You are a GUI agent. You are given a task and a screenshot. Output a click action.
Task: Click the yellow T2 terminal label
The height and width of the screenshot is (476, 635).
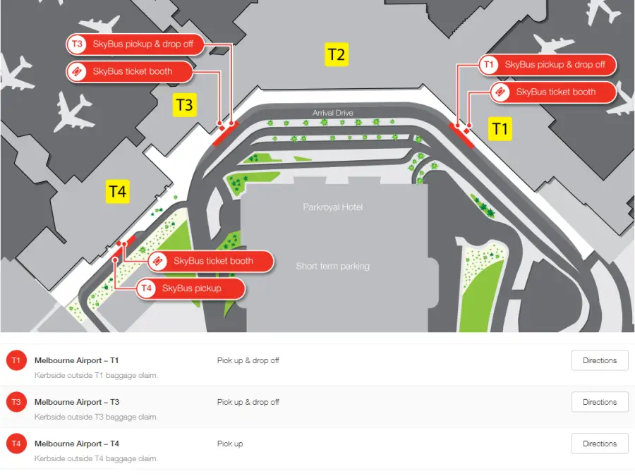point(336,54)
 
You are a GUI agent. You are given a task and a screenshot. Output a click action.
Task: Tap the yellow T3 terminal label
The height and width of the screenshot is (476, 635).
point(185,105)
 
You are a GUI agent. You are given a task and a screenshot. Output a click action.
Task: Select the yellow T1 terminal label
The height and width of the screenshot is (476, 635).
point(500,129)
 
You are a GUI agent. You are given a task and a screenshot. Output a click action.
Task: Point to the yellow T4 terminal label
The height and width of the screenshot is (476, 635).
point(117,191)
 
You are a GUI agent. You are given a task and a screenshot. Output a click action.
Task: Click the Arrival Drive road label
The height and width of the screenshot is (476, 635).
point(332,113)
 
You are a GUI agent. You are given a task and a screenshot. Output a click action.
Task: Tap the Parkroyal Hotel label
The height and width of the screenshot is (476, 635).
point(332,207)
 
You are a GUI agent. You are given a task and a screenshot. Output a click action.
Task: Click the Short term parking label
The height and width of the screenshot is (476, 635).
point(332,267)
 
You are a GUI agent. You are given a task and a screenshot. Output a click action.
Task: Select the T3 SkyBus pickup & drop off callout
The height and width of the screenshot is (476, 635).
point(135,44)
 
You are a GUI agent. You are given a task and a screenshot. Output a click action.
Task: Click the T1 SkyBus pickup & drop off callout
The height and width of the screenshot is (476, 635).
point(547,65)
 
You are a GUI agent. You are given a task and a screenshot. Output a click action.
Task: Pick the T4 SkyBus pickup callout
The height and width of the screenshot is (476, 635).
point(190,288)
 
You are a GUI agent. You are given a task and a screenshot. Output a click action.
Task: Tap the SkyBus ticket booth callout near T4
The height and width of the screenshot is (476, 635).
point(210,261)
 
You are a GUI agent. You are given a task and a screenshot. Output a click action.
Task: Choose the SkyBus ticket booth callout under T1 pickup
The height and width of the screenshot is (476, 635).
point(552,92)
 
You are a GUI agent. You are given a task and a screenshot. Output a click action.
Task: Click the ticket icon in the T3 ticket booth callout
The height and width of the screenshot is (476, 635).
point(76,72)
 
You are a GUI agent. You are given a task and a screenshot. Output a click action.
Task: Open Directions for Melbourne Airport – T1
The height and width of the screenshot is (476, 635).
point(600,360)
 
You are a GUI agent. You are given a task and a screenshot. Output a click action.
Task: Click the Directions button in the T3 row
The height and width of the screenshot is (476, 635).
point(600,402)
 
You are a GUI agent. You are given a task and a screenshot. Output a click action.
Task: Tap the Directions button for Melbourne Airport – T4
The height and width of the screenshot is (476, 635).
point(600,444)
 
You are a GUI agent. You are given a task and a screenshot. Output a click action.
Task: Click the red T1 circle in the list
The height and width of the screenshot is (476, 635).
point(16,360)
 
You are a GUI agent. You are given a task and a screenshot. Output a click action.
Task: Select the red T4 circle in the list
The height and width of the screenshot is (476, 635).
point(16,444)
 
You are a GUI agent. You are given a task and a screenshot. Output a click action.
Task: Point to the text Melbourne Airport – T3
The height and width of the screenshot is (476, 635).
point(77,402)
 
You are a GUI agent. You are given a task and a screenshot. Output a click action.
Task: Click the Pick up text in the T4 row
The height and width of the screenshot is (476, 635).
point(230,444)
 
